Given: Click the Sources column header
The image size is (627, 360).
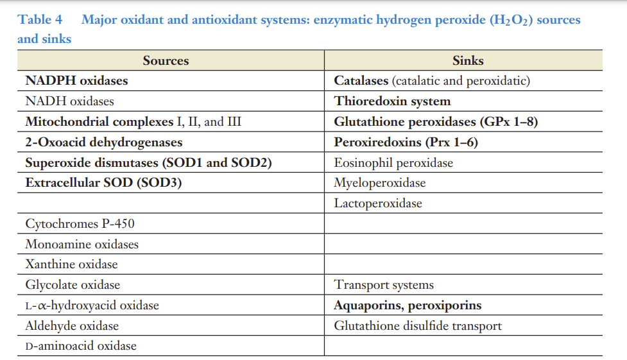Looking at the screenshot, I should [x=166, y=61].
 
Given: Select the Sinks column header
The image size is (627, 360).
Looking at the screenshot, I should [x=467, y=61].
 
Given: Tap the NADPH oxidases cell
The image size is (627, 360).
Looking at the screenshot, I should [x=76, y=81].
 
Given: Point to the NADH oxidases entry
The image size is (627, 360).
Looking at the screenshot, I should [x=69, y=101].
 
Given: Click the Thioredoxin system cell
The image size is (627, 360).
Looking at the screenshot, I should [x=392, y=101].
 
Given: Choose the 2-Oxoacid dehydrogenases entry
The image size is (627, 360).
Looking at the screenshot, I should [x=103, y=142].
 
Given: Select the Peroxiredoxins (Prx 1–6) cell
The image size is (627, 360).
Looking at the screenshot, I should [x=406, y=142].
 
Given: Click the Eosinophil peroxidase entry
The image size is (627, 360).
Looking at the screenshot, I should [x=393, y=163].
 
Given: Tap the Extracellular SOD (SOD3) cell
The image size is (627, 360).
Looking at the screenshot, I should [x=103, y=183].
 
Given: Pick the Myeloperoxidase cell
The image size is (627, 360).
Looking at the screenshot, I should [x=379, y=183].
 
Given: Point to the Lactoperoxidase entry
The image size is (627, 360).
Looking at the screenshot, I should [x=378, y=203].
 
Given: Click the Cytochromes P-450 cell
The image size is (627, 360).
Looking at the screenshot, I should [x=80, y=224].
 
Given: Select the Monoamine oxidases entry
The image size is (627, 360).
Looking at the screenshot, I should [x=82, y=244].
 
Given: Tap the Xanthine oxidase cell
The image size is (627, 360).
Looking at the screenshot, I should [x=71, y=264].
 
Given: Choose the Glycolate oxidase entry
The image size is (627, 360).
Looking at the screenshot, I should [x=73, y=285].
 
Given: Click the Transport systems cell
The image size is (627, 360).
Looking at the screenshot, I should [x=384, y=285].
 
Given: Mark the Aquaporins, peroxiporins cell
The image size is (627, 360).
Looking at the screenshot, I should [x=408, y=305].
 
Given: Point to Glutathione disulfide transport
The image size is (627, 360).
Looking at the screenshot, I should [x=418, y=326].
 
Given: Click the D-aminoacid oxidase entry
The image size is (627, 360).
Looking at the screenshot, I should [x=81, y=346].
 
